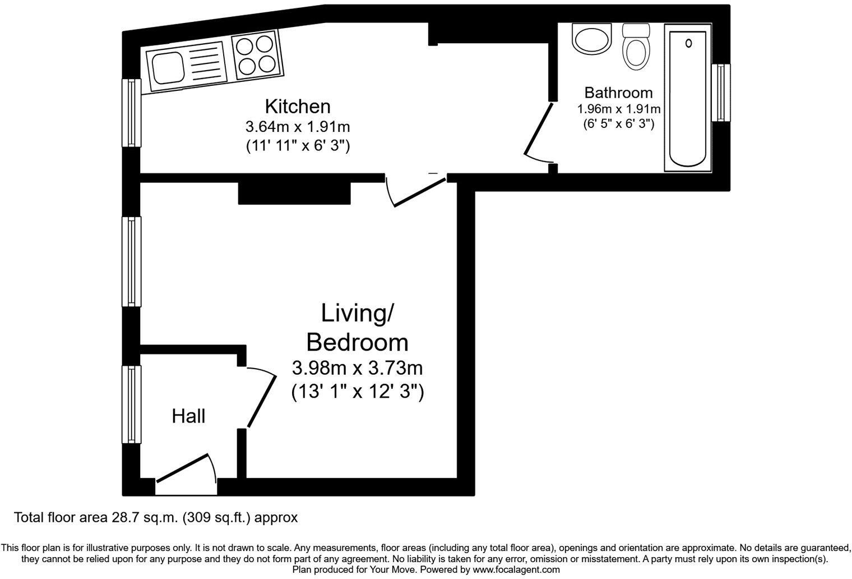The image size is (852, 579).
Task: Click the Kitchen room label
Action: [297, 106]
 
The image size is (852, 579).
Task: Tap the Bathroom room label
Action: [618, 93]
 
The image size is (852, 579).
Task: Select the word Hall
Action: [188, 416]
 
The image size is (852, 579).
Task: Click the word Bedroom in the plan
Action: [357, 342]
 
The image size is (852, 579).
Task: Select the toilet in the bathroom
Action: [637, 48]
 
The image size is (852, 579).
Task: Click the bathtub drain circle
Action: [688, 43]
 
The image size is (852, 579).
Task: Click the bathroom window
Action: [721, 93]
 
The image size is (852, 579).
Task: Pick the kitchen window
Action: [132, 113]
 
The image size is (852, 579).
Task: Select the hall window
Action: [132, 405]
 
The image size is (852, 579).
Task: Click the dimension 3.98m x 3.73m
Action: [357, 369]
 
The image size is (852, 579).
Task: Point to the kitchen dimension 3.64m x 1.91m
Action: [297, 126]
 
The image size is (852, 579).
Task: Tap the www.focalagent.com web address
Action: [516, 569]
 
